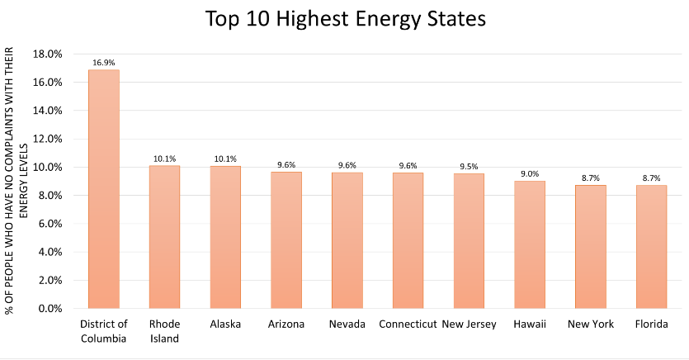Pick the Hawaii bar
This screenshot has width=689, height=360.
pyautogui.click(x=529, y=244)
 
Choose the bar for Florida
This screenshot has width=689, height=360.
pyautogui.click(x=651, y=247)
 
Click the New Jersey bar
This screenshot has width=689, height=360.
pyautogui.click(x=469, y=241)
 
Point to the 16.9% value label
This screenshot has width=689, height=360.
pyautogui.click(x=104, y=61)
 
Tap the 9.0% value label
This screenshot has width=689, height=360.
pyautogui.click(x=529, y=173)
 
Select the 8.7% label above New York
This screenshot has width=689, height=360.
pyautogui.click(x=590, y=178)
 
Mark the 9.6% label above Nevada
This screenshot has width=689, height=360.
pyautogui.click(x=347, y=165)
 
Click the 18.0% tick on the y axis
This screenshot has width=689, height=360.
pyautogui.click(x=47, y=54)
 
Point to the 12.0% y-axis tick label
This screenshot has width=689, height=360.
pyautogui.click(x=47, y=139)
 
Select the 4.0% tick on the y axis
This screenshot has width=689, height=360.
pyautogui.click(x=50, y=252)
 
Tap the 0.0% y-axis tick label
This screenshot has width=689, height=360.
pyautogui.click(x=50, y=309)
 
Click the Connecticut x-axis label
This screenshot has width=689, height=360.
pyautogui.click(x=408, y=324)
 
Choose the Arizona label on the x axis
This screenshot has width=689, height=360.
pyautogui.click(x=286, y=324)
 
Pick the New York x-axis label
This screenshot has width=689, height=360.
pyautogui.click(x=590, y=324)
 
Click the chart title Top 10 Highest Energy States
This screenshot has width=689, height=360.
pyautogui.click(x=344, y=18)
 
